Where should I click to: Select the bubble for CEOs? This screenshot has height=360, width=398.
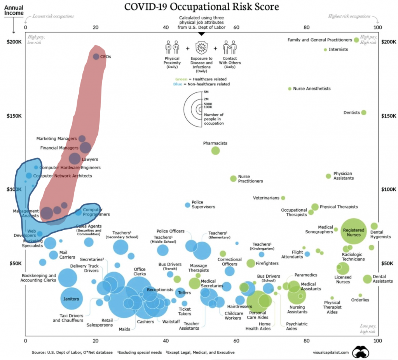click(x=96, y=57)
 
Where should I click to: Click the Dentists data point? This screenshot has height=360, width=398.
click(x=364, y=113)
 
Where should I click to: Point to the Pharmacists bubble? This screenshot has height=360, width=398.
click(x=215, y=151)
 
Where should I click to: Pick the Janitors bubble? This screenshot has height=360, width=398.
click(x=72, y=299)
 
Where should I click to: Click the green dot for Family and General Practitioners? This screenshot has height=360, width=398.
click(x=356, y=40)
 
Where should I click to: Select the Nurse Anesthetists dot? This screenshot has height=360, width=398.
click(x=290, y=89)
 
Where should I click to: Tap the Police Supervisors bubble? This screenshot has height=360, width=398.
click(x=187, y=205)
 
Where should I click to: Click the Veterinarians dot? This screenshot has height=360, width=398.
click(x=283, y=198)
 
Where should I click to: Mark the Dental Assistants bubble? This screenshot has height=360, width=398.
click(x=367, y=279)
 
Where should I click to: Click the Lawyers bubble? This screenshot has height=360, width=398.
click(x=74, y=158)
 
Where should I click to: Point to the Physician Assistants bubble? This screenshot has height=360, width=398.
click(x=328, y=176)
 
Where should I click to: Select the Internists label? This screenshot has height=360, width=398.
click(x=338, y=50)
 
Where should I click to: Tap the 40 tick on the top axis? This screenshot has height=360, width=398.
click(x=166, y=28)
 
